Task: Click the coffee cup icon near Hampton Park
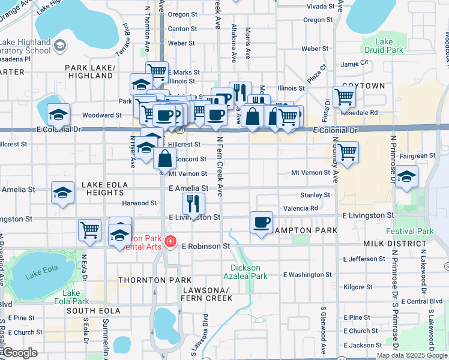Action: click(261, 223)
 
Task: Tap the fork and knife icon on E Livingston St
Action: click(193, 204)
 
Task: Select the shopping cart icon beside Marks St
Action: click(157, 72)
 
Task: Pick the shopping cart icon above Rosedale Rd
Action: click(345, 97)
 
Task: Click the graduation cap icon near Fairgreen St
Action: click(406, 177)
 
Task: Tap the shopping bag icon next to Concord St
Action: click(164, 159)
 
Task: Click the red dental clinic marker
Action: click(170, 242)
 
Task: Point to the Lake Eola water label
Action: click(41, 277)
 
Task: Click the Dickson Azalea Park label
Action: click(249, 272)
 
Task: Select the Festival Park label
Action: click(418, 231)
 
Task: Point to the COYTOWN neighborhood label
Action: click(364, 86)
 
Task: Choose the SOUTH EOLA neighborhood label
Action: click(89, 311)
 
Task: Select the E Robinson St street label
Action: click(206, 246)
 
